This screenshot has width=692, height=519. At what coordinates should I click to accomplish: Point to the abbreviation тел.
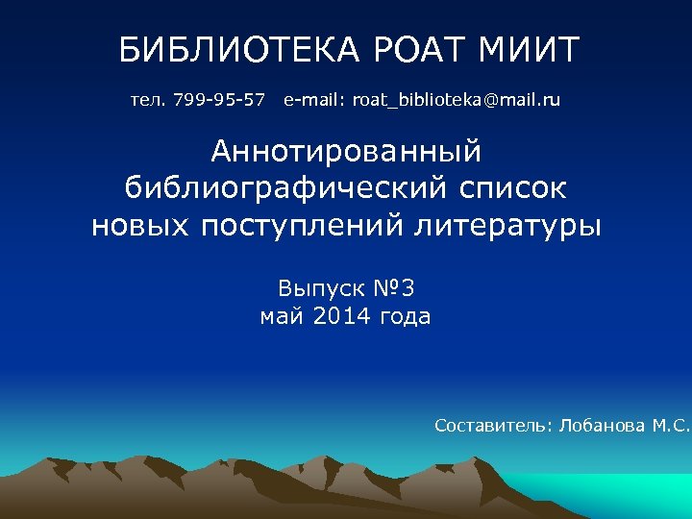[148, 99]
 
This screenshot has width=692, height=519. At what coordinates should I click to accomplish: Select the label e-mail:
[314, 99]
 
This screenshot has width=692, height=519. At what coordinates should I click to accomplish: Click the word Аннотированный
[346, 151]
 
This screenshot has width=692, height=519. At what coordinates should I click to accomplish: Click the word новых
[142, 226]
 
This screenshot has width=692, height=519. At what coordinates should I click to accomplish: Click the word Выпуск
[315, 287]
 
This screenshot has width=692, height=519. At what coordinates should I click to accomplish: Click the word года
[408, 316]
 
